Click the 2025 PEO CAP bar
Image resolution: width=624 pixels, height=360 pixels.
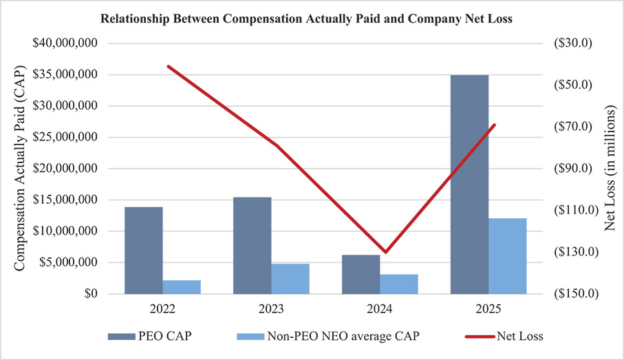click(469, 184)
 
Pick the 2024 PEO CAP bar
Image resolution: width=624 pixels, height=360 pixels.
click(361, 275)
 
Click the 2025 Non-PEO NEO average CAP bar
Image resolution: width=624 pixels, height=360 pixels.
click(508, 256)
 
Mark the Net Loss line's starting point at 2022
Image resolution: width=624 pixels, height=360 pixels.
click(169, 67)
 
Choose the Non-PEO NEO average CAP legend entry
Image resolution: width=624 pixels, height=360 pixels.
click(328, 337)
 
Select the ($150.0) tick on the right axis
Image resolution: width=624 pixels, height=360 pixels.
click(577, 294)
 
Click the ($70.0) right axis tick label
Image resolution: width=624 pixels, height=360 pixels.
click(577, 127)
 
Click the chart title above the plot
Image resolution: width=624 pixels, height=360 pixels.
click(312, 19)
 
